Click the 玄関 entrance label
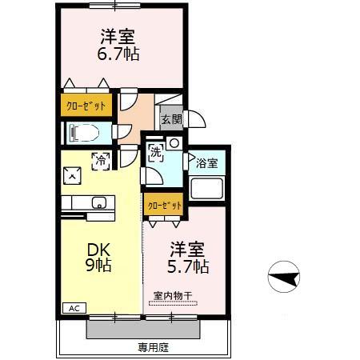(x=170, y=119)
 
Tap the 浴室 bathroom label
(x=207, y=163)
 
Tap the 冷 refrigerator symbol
(x=102, y=161)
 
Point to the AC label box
(x=73, y=308)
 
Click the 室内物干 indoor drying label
(x=174, y=296)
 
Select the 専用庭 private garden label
(x=152, y=347)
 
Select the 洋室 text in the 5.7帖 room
(x=187, y=246)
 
